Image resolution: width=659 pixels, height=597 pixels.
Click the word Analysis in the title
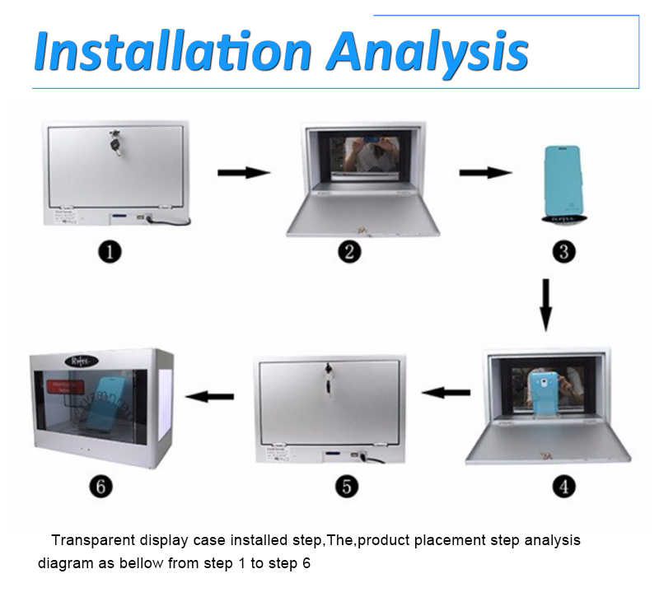pyautogui.click(x=427, y=51)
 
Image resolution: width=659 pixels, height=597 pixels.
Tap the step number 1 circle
pyautogui.click(x=110, y=251)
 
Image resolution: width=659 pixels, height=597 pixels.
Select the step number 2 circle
pyautogui.click(x=349, y=251)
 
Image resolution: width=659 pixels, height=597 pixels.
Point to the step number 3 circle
pyautogui.click(x=563, y=251)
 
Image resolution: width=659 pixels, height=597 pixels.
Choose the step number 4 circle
pyautogui.click(x=563, y=486)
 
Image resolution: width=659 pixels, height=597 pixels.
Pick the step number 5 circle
pyautogui.click(x=347, y=486)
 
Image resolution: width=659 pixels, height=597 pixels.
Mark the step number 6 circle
pyautogui.click(x=101, y=486)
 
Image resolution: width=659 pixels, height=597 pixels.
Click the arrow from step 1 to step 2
pyautogui.click(x=244, y=173)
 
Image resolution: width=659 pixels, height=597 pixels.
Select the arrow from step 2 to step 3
pyautogui.click(x=485, y=173)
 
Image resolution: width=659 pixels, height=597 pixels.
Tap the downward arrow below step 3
pyautogui.click(x=545, y=304)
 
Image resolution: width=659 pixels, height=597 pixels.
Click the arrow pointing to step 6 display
pyautogui.click(x=209, y=397)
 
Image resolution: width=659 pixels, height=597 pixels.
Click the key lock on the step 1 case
pyautogui.click(x=115, y=146)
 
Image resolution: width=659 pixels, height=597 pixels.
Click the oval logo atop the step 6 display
pyautogui.click(x=81, y=361)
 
